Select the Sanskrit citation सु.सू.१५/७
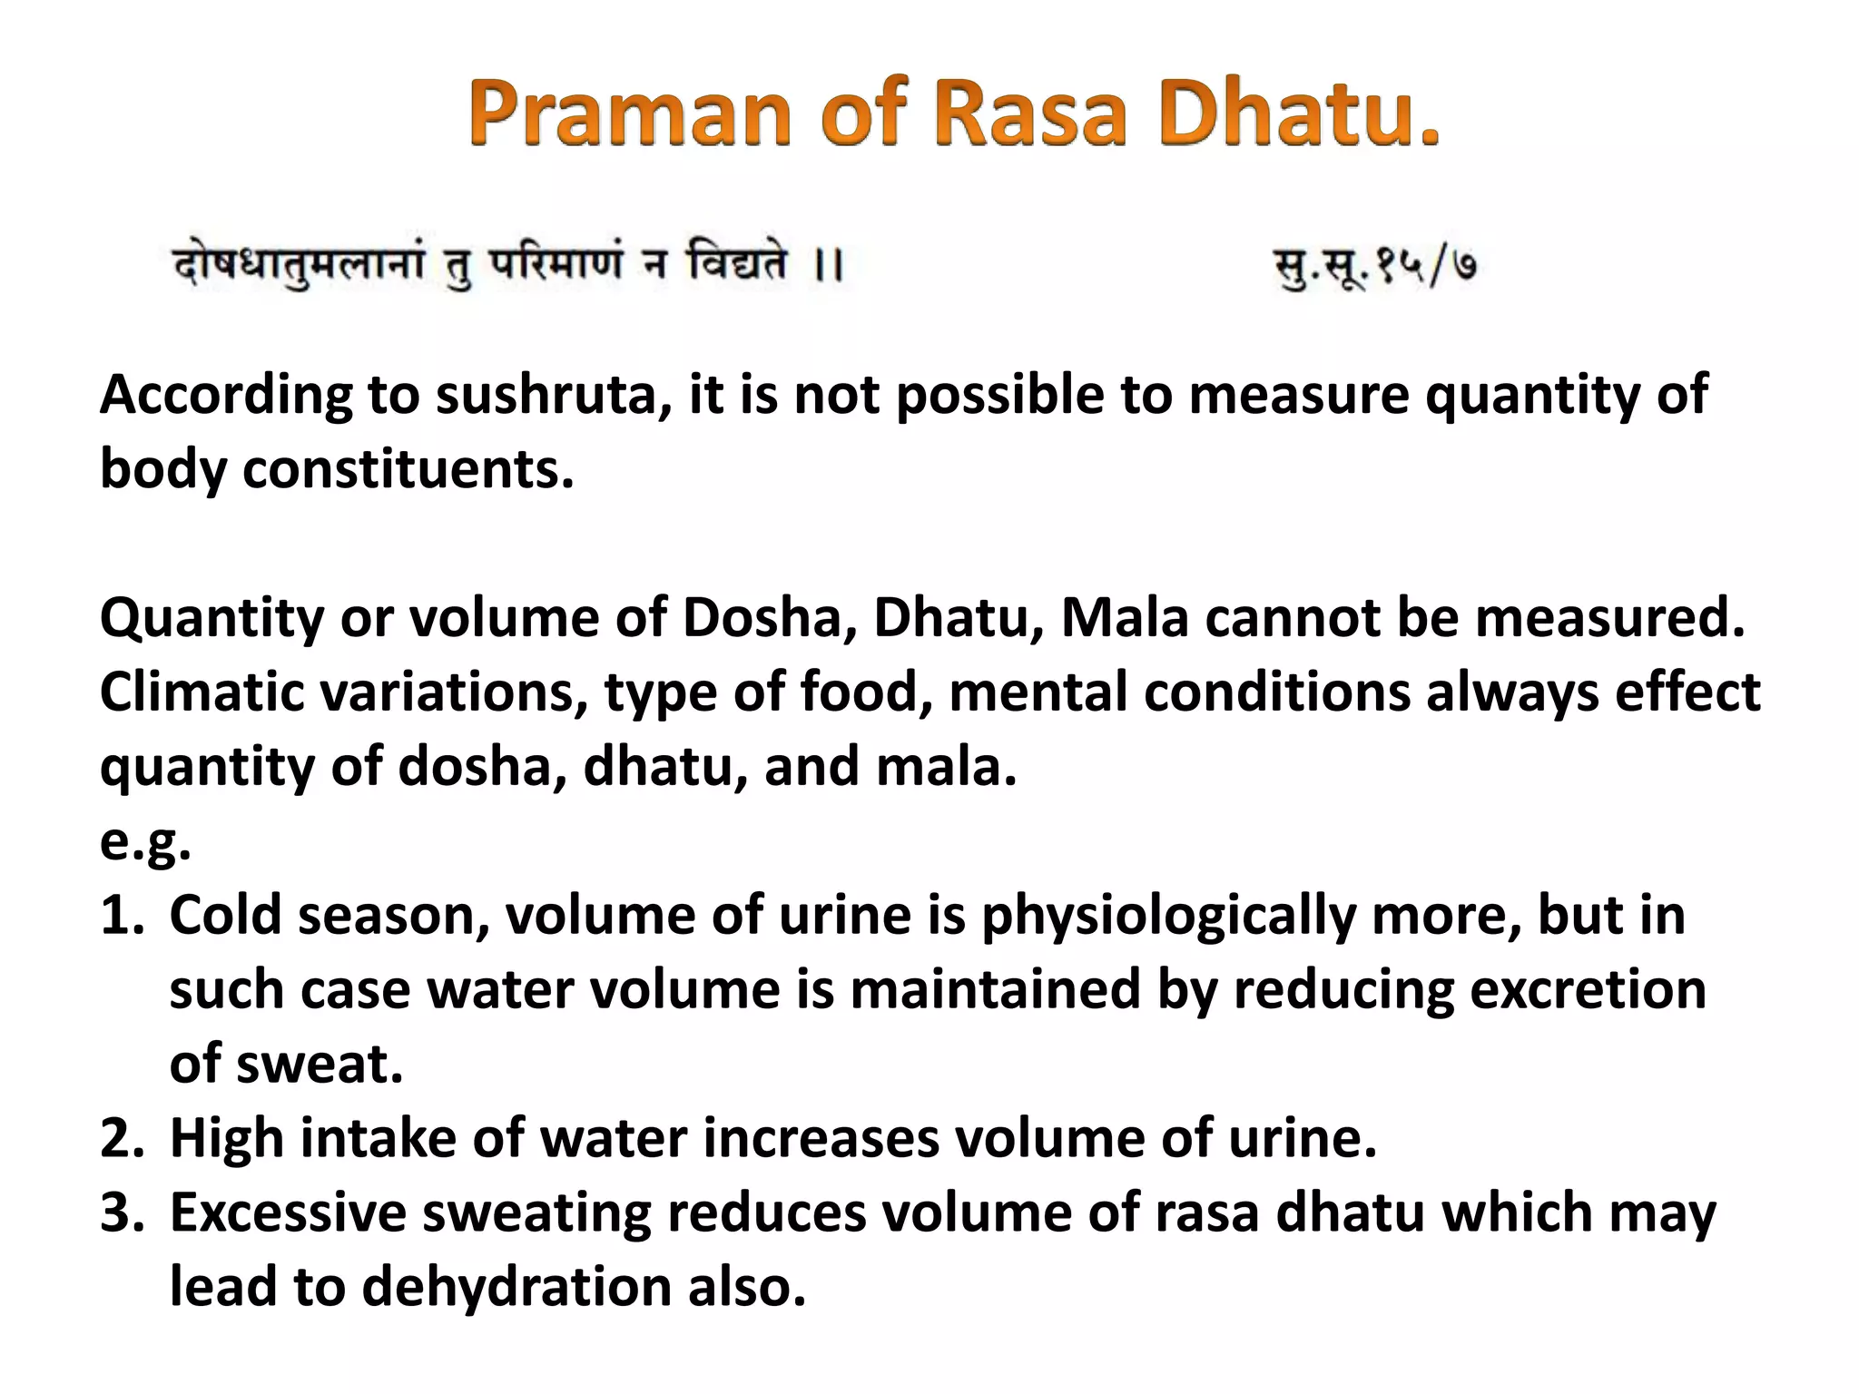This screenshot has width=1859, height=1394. [x=1376, y=266]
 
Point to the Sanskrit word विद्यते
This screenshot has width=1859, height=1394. [x=737, y=264]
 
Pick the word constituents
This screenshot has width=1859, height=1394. [x=408, y=470]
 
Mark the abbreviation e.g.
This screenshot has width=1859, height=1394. [x=145, y=842]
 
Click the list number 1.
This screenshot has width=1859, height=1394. [x=121, y=916]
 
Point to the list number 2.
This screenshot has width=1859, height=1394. [x=122, y=1139]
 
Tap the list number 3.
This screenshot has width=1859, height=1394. [x=122, y=1213]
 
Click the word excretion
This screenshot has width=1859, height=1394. [x=1588, y=990]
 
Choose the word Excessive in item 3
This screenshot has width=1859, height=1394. [x=288, y=1213]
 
